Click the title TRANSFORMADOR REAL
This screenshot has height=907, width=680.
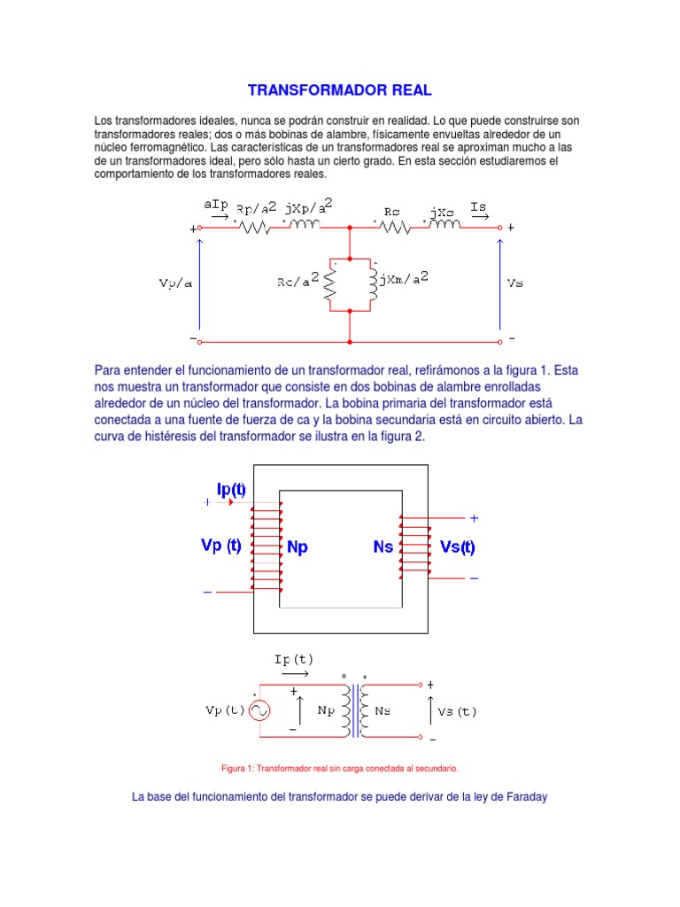click(340, 90)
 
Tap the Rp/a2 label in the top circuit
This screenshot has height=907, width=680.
click(257, 209)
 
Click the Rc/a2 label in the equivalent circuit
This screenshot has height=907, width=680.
click(297, 282)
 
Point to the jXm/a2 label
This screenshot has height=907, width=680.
click(405, 279)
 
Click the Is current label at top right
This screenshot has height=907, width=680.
click(479, 206)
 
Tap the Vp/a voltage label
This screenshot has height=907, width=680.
click(175, 283)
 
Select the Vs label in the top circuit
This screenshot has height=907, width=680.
click(514, 283)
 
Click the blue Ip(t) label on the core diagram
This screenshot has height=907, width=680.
click(232, 489)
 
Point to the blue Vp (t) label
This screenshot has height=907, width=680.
click(221, 546)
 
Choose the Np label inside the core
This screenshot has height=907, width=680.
click(297, 547)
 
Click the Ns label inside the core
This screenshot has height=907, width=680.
click(382, 547)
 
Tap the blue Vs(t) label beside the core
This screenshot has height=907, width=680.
click(458, 547)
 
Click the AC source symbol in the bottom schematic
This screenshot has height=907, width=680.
click(259, 710)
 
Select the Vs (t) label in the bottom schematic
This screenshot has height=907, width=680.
click(457, 710)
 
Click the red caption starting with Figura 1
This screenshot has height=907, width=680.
click(340, 768)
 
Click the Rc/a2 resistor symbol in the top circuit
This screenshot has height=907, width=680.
click(330, 283)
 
